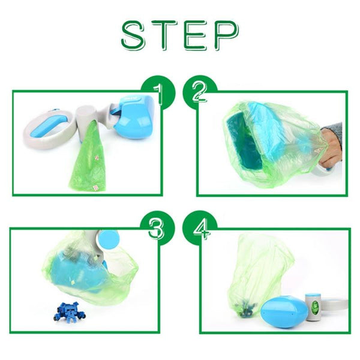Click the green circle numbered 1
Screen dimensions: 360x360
pyautogui.click(x=157, y=91)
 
